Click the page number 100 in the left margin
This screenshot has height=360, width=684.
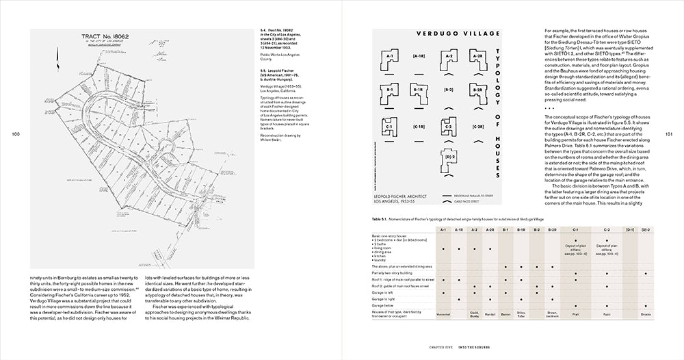pos(16,135)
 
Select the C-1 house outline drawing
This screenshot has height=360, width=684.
pos(388,127)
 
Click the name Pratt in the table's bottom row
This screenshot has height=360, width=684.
pos(575,313)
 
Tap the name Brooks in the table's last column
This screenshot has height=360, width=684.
pos(645,313)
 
